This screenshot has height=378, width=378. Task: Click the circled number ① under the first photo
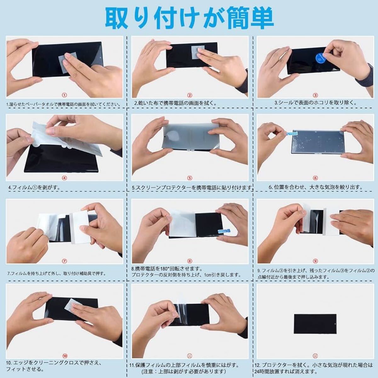pos(65,95)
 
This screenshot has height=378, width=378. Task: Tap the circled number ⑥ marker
pos(315,178)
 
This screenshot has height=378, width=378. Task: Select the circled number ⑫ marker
pos(315,356)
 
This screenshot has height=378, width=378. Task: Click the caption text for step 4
pos(34,187)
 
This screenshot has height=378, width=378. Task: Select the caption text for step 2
pos(175,103)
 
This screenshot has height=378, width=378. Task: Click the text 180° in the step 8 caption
pos(165,268)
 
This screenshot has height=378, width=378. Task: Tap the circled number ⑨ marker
pos(315,261)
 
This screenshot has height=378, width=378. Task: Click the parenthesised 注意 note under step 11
pos(184,371)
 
